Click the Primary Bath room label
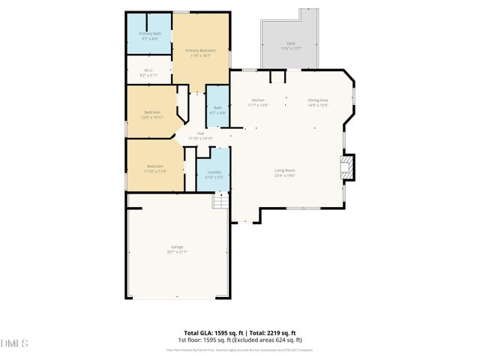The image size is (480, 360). click(150, 34)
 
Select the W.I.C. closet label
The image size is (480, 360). click(149, 70)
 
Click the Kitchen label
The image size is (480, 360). click(258, 100)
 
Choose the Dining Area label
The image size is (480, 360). click(318, 100)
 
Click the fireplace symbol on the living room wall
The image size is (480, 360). click(346, 166)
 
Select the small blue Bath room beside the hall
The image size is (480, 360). click(217, 109)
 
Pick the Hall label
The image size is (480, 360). click(201, 133)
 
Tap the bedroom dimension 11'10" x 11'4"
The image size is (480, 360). click(155, 171)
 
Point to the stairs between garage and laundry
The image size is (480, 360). click(220, 202)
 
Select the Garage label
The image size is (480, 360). click(177, 247)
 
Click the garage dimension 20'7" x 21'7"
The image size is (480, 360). click(177, 252)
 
